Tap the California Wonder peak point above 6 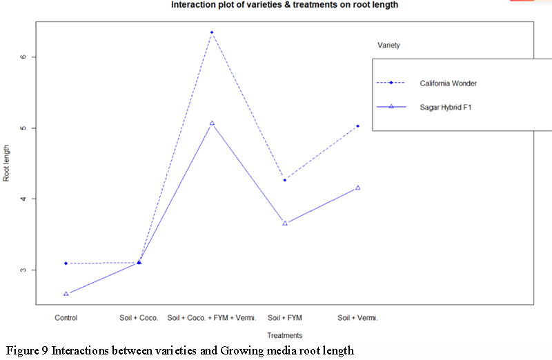click(212, 32)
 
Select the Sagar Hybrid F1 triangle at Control click(66, 294)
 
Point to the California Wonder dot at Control click(66, 263)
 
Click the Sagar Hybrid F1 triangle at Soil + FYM click(285, 223)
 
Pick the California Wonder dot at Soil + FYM click(285, 180)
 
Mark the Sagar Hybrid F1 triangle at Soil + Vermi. click(357, 188)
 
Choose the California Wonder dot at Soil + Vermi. click(357, 126)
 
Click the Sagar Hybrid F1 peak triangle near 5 click(212, 123)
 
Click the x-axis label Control click(66, 318)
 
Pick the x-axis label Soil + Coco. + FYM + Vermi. click(212, 318)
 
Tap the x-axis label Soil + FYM click(285, 318)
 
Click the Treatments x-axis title click(284, 336)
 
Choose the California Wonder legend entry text click(448, 83)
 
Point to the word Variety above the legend click(388, 46)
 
